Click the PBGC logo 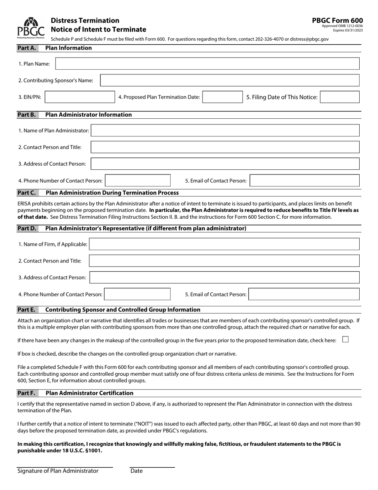pyautogui.click(x=31, y=27)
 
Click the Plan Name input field pyautogui.click(x=207, y=64)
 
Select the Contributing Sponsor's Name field pyautogui.click(x=230, y=80)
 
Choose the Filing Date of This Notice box pyautogui.click(x=339, y=97)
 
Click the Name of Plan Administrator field pyautogui.click(x=225, y=131)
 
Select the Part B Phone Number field pyautogui.click(x=138, y=180)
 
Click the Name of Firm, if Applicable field pyautogui.click(x=224, y=244)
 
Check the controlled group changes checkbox pyautogui.click(x=345, y=340)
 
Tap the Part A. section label pyautogui.click(x=27, y=48)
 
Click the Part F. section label pyautogui.click(x=27, y=393)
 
